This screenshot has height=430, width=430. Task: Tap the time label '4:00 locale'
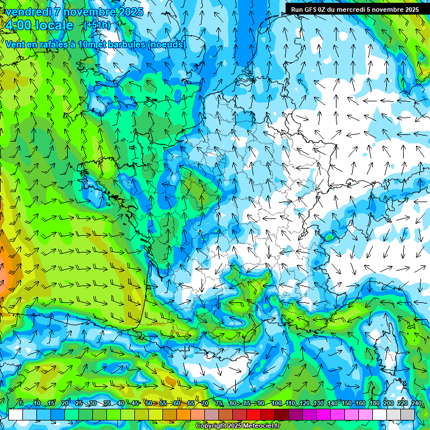pos(39,25)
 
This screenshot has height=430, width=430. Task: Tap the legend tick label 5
pos(21,403)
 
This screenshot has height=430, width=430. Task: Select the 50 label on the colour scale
pos(148,403)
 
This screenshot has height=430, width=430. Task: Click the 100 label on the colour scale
pos(276,403)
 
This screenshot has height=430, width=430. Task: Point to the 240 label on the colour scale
pos(417,403)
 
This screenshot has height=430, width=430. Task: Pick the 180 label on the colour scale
pos(374,403)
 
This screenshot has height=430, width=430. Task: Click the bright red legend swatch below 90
pos(254,414)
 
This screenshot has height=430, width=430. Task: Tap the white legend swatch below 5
pos(16,414)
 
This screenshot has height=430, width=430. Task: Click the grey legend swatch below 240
pos(408,414)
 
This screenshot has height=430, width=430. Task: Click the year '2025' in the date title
pos(127,12)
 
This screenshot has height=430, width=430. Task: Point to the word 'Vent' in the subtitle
pos(15,44)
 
